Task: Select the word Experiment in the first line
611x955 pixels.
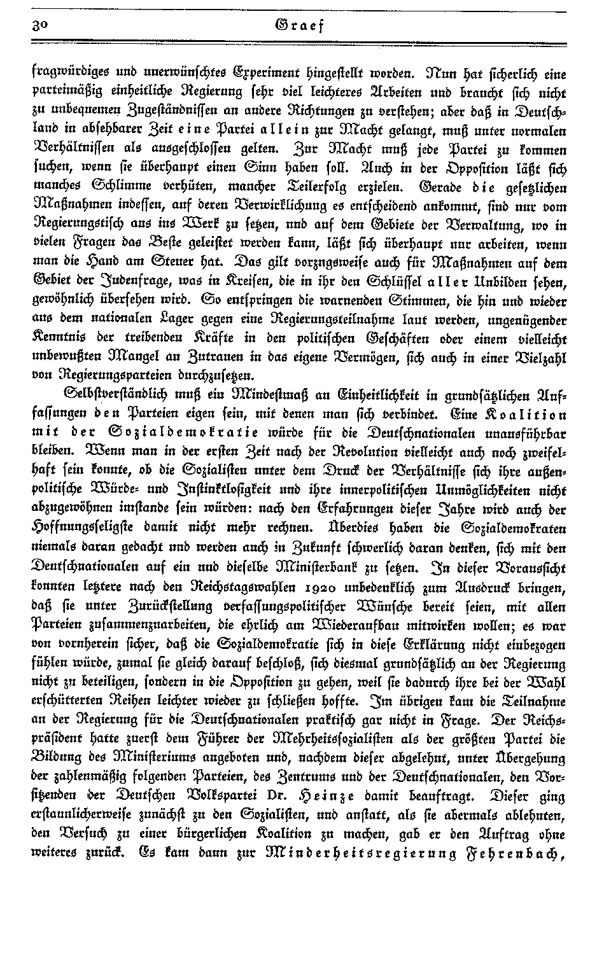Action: [253, 72]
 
